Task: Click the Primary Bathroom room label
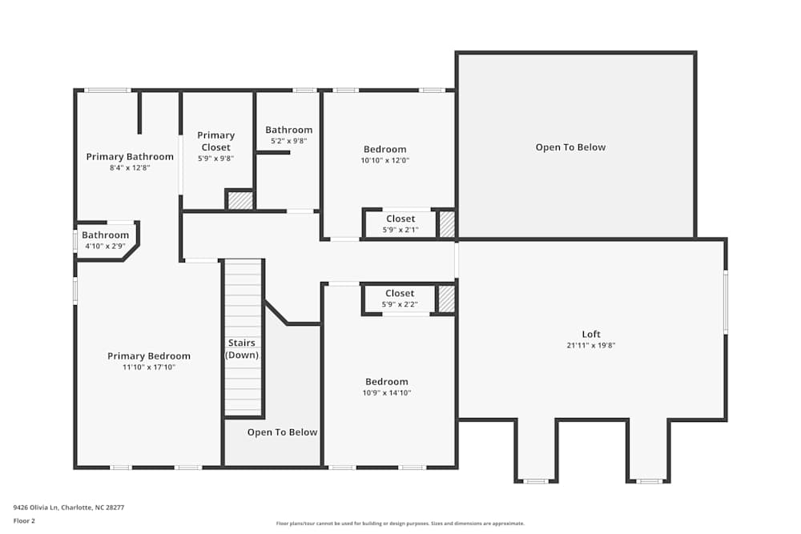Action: [x=130, y=157]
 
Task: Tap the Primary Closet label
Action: [x=216, y=141]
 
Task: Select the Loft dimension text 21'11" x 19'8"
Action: [x=591, y=346]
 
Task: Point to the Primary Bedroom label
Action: [x=149, y=356]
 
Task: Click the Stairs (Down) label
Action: [x=242, y=349]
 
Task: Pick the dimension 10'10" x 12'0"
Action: [x=385, y=160]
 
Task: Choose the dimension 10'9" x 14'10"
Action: [x=387, y=393]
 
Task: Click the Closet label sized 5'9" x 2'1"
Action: [x=400, y=219]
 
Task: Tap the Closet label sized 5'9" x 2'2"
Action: [x=400, y=294]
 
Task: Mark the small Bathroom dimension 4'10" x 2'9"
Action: [x=105, y=246]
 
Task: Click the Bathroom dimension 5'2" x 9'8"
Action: [x=289, y=141]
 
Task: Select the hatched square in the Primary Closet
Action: [x=240, y=200]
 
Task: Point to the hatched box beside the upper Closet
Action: [x=447, y=224]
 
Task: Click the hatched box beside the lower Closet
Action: [x=446, y=299]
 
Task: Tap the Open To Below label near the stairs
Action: [x=282, y=432]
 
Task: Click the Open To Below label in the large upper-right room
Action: [x=570, y=147]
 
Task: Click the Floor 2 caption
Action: [x=24, y=520]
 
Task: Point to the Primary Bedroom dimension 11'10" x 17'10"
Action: [x=149, y=367]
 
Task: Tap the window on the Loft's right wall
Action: [x=725, y=303]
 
